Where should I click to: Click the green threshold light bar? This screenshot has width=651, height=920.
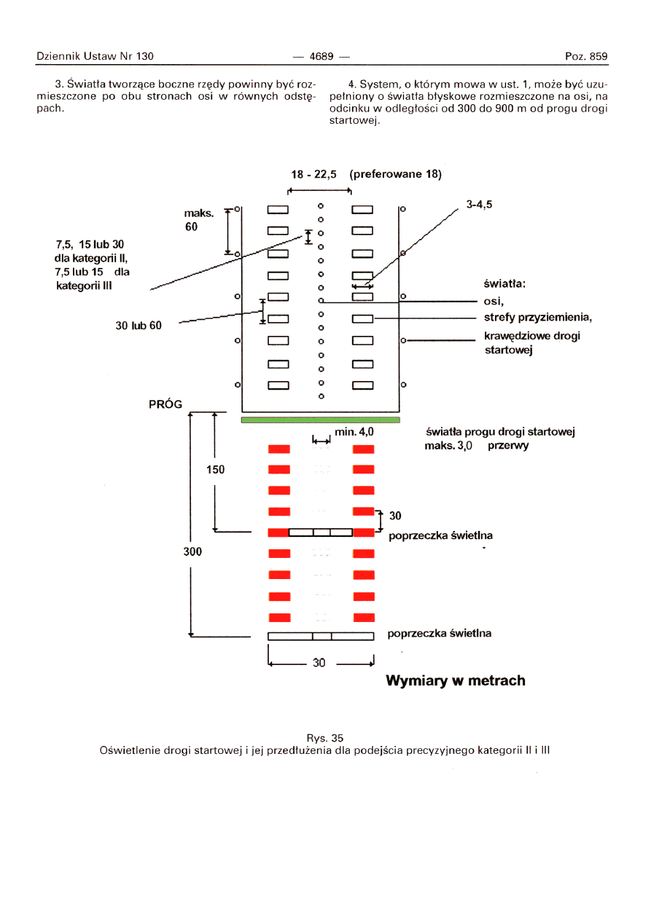coord(320,420)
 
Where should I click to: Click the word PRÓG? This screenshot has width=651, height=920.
coord(165,404)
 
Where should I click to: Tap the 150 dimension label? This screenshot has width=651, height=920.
coord(215,469)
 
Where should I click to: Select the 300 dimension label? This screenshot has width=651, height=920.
coord(192,551)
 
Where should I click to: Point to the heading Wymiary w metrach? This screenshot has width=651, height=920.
coord(456,680)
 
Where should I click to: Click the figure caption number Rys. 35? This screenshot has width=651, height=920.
coord(324,738)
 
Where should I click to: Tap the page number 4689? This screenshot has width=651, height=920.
coord(321,56)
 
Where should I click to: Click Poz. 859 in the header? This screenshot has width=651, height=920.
coord(586,56)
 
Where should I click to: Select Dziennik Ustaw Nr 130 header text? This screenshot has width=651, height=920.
coord(95,56)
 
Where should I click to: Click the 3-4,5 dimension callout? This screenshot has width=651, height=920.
coord(479,205)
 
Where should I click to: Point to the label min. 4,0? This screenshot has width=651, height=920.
coord(354,432)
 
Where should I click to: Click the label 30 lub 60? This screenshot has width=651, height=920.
coord(139,326)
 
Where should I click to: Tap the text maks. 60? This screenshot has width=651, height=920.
coord(198,220)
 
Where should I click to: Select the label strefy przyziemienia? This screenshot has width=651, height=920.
coord(538,318)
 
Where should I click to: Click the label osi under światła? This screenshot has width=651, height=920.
coord(494,302)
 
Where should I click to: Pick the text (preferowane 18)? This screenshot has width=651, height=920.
coord(395,174)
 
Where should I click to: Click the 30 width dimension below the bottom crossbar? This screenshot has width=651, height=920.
coord(319,662)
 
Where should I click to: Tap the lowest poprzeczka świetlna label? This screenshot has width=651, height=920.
coord(440,633)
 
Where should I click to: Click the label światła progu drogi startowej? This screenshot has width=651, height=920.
coord(500,432)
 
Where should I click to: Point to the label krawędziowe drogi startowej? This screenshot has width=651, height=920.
coord(532,343)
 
